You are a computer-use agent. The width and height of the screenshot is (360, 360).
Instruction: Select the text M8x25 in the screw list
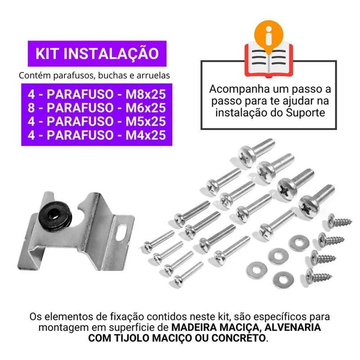(145, 94)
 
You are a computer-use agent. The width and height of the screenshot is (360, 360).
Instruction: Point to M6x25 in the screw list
(145, 108)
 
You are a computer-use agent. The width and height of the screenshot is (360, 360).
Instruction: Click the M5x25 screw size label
(145, 121)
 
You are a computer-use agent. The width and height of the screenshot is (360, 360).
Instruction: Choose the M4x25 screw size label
(145, 135)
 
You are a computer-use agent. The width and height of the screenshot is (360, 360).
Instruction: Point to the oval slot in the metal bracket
(121, 233)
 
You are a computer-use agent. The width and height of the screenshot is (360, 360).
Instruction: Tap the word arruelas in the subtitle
(153, 75)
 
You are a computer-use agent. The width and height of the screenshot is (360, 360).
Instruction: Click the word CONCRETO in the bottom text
(238, 338)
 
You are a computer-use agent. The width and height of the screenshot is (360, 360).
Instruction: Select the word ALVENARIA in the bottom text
(292, 327)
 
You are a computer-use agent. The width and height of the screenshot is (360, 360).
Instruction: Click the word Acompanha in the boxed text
(239, 90)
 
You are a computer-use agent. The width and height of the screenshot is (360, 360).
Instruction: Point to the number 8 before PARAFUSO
(31, 108)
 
